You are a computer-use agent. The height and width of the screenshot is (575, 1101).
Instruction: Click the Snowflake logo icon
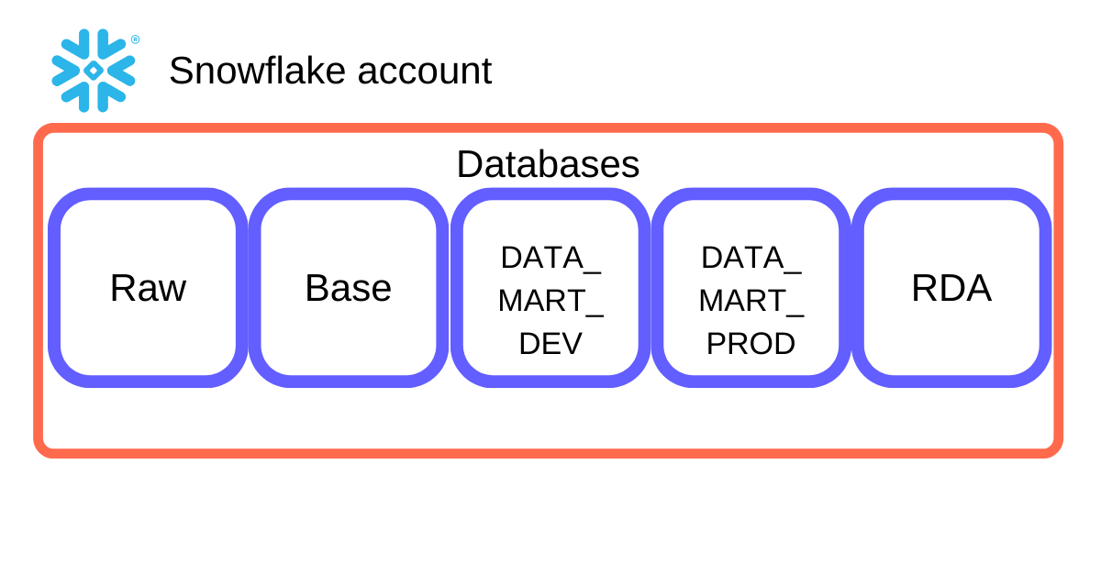(x=94, y=71)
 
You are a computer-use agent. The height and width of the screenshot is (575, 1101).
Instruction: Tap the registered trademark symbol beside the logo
(x=135, y=39)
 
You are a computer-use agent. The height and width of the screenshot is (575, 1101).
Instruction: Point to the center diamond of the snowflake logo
(x=94, y=71)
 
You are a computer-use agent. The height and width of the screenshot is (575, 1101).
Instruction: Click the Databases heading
(x=548, y=164)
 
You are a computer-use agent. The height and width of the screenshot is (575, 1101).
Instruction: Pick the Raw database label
(x=148, y=288)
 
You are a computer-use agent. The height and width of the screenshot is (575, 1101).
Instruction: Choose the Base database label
(x=348, y=288)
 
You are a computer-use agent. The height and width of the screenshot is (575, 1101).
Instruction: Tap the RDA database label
(x=951, y=288)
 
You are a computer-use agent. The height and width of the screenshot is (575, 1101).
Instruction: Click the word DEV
(x=550, y=344)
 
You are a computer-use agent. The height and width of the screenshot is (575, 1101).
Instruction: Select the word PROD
(x=751, y=344)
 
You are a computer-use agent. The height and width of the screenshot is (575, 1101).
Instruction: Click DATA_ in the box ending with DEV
(x=550, y=258)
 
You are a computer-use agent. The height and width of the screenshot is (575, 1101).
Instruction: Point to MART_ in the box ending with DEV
(x=550, y=301)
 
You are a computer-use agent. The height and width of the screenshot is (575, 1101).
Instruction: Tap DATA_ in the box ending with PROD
(x=751, y=258)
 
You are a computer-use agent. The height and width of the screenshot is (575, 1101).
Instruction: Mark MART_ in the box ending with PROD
(x=751, y=301)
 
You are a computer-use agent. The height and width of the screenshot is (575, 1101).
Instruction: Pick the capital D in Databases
(x=468, y=164)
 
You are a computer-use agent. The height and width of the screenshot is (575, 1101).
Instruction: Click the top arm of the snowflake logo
(x=94, y=42)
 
